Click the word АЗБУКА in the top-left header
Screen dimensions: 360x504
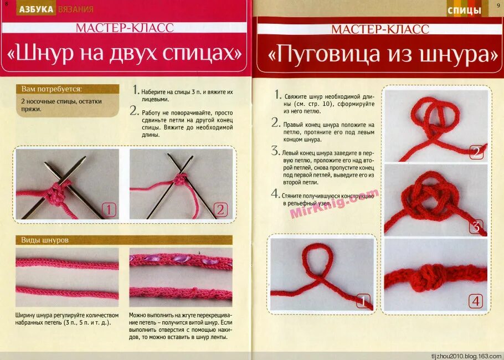[x=36, y=9]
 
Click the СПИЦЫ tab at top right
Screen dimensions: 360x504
[x=464, y=11]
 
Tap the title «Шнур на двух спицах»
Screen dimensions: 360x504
[x=125, y=54]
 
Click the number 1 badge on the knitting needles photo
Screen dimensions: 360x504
[x=109, y=210]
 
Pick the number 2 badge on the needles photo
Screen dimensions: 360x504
[x=220, y=210]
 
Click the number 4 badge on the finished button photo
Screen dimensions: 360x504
[x=476, y=301]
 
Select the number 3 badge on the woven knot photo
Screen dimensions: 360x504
[x=476, y=226]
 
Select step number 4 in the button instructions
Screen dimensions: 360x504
[x=275, y=193]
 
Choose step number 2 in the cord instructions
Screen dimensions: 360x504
[x=133, y=111]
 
